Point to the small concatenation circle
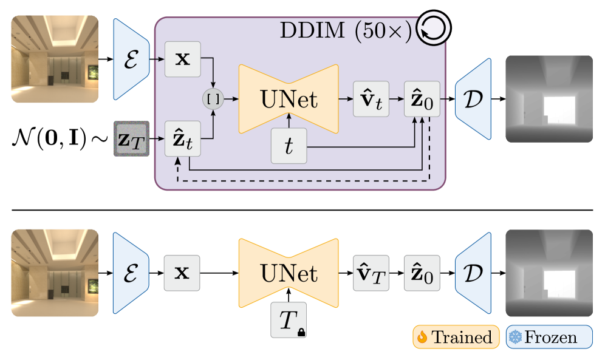click(213, 98)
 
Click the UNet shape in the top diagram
click(289, 98)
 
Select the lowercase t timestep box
click(289, 146)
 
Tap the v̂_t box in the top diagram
click(371, 98)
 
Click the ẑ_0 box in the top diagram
click(422, 98)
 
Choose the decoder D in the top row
click(473, 98)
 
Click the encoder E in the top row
click(131, 59)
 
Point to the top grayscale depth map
click(549, 98)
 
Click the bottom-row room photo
click(55, 273)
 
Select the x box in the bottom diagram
click(182, 273)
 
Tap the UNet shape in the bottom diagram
click(289, 273)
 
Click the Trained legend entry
click(456, 337)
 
